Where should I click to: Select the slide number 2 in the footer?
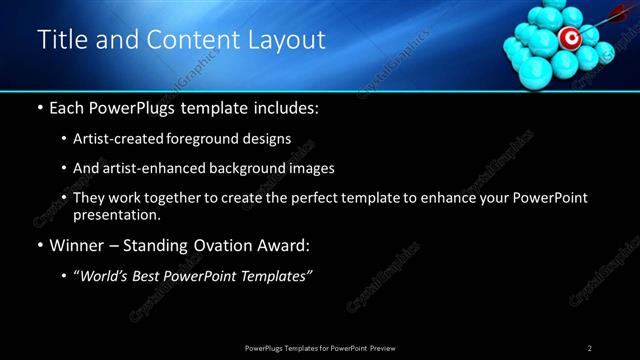[590, 347]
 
